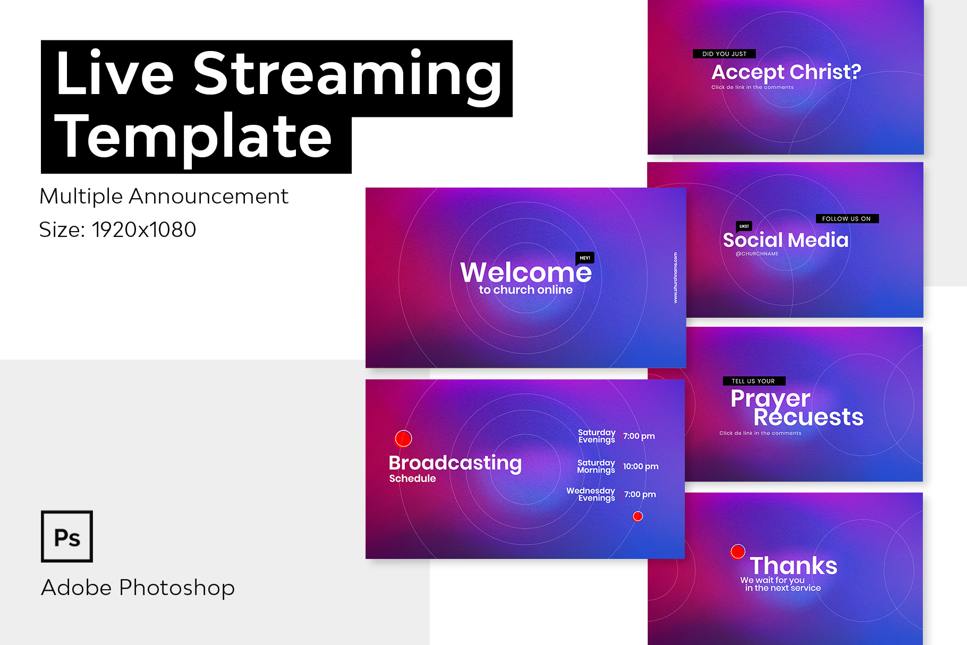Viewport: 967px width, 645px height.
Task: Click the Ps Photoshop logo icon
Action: (67, 536)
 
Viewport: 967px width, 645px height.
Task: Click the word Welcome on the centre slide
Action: (525, 273)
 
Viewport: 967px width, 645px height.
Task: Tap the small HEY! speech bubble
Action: (585, 258)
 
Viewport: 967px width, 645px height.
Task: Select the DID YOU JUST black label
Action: (724, 54)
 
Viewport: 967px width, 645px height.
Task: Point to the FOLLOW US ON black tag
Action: (847, 218)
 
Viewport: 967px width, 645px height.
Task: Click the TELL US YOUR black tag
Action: (754, 381)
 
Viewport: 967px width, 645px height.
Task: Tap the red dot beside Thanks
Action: (738, 551)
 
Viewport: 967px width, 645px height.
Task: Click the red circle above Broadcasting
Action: (403, 438)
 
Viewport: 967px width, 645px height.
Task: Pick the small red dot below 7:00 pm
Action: (638, 516)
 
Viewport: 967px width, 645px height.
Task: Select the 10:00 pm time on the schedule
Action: (641, 466)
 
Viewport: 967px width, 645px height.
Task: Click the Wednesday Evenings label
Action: (591, 494)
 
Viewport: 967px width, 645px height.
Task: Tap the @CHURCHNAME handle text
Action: (757, 254)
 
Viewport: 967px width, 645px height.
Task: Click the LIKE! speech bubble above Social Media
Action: (744, 226)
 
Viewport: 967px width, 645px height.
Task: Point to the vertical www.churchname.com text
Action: (675, 278)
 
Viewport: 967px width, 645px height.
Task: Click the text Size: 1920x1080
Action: (117, 230)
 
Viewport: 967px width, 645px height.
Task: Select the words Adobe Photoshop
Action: (138, 588)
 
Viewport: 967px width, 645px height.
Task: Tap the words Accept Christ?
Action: (786, 72)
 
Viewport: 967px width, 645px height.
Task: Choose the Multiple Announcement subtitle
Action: (164, 197)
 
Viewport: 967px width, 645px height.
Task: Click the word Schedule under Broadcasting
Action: (412, 479)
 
